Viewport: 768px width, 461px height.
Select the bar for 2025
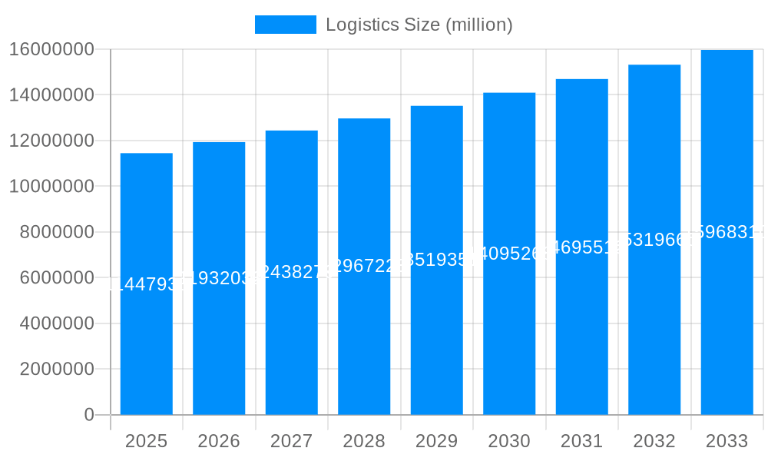(146, 346)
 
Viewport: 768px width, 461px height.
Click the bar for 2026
(219, 346)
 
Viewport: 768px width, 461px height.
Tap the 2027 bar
(291, 346)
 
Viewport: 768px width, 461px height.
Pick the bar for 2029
(436, 346)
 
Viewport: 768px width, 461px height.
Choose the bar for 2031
(581, 346)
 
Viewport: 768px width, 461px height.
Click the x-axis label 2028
(364, 441)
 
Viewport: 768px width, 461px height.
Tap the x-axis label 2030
(509, 441)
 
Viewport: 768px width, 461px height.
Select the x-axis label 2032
(654, 441)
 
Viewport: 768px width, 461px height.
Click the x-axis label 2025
(146, 441)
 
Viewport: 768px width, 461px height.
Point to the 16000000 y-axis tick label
(51, 49)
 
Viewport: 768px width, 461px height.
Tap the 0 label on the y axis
(88, 415)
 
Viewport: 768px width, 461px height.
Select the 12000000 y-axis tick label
(51, 141)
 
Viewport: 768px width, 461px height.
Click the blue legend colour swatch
(285, 25)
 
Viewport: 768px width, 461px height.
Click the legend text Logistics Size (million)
(419, 25)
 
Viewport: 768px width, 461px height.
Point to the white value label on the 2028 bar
(364, 266)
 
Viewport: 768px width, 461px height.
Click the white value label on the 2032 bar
(654, 240)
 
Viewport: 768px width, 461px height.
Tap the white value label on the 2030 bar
(509, 253)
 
